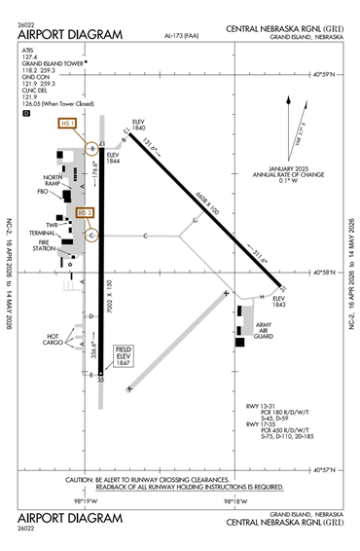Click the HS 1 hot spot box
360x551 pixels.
point(68,124)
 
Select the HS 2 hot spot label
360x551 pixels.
point(85,212)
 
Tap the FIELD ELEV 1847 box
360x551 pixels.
point(125,355)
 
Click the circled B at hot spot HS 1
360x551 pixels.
point(92,148)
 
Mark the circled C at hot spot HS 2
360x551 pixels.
point(91,235)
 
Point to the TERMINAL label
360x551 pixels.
point(43,234)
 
